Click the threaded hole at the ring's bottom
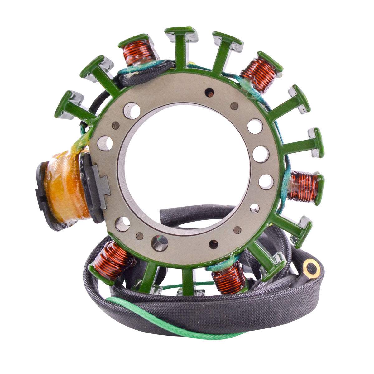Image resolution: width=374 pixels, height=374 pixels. pyautogui.click(x=159, y=243)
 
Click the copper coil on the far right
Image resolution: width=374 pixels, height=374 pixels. pyautogui.click(x=302, y=187)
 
